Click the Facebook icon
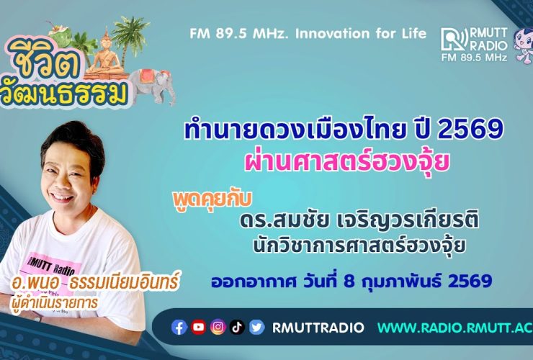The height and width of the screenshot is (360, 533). coord(179,328)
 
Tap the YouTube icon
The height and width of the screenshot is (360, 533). coord(199,328)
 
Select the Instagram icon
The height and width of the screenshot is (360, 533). coord(218,328)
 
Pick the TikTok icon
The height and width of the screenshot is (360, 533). coord(238,328)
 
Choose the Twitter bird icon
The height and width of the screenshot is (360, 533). coord(257,328)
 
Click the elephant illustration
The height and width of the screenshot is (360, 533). coord(151,81)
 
